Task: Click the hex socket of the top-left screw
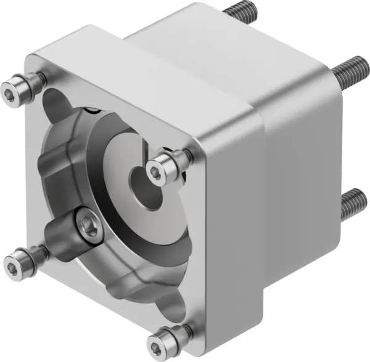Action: click(x=10, y=92)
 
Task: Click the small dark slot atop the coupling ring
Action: click(x=92, y=111)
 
